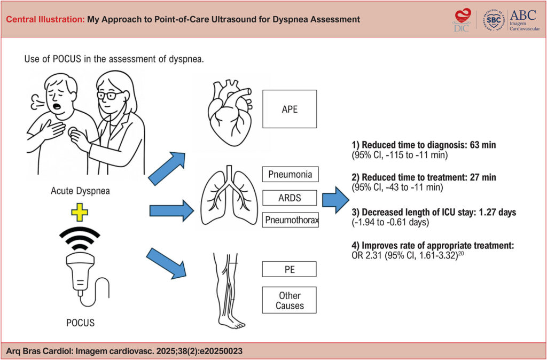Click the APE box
pos(290,109)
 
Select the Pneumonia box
pos(290,174)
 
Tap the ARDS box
pos(290,197)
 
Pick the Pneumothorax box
pos(290,220)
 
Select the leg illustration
pos(228,289)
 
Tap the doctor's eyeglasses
pos(110,95)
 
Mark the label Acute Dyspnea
pos(80,191)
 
